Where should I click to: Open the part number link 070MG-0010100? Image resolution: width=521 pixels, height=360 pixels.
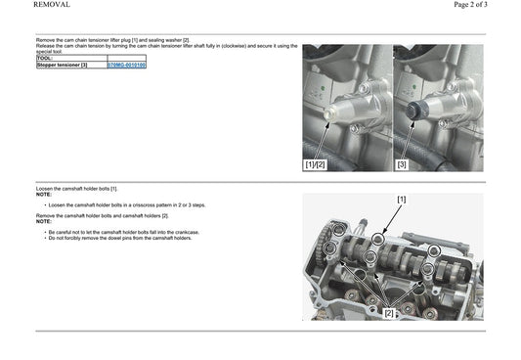click(126, 65)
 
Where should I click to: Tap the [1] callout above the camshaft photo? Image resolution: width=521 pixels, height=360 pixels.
click(401, 199)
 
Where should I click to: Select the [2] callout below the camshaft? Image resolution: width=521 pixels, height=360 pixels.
click(388, 313)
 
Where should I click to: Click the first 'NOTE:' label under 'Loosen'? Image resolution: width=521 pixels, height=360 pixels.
click(43, 194)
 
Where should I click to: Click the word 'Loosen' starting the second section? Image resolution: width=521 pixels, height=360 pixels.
click(44, 188)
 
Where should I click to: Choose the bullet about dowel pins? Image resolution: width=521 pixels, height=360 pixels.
click(118, 238)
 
